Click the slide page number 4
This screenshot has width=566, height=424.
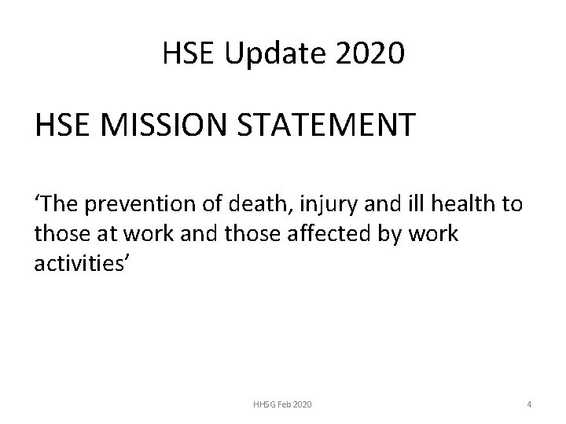[529, 404]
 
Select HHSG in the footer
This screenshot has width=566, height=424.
[263, 404]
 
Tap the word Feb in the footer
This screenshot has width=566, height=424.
[285, 404]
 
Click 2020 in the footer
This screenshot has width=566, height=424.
[303, 404]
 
